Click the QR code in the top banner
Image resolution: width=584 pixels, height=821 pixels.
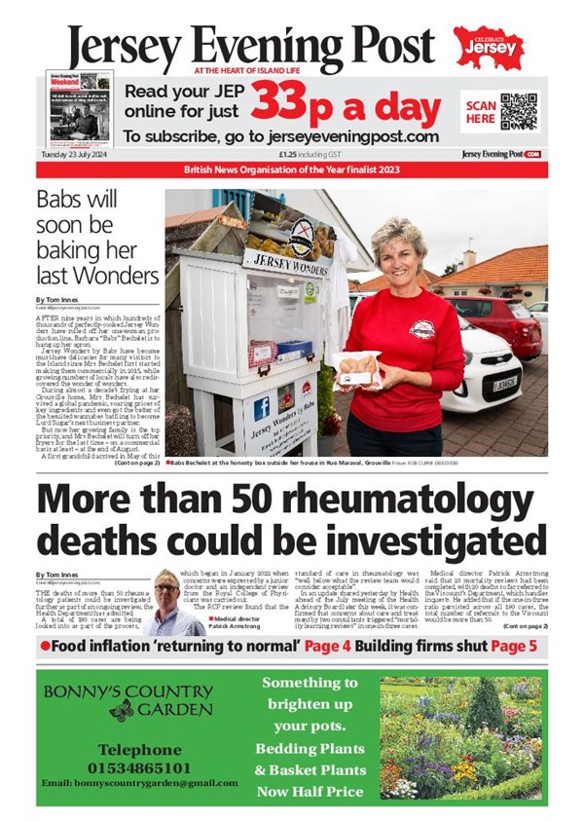pos(518,112)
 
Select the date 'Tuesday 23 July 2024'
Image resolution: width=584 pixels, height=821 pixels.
pos(73,154)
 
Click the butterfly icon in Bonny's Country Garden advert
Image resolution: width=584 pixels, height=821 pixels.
pos(121,711)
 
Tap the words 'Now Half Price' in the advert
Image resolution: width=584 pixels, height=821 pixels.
pos(310,792)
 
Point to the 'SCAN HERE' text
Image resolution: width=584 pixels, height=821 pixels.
pos(481,111)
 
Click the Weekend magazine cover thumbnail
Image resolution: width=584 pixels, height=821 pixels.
pos(81,108)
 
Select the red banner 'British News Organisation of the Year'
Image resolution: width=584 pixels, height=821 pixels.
pos(292,170)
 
